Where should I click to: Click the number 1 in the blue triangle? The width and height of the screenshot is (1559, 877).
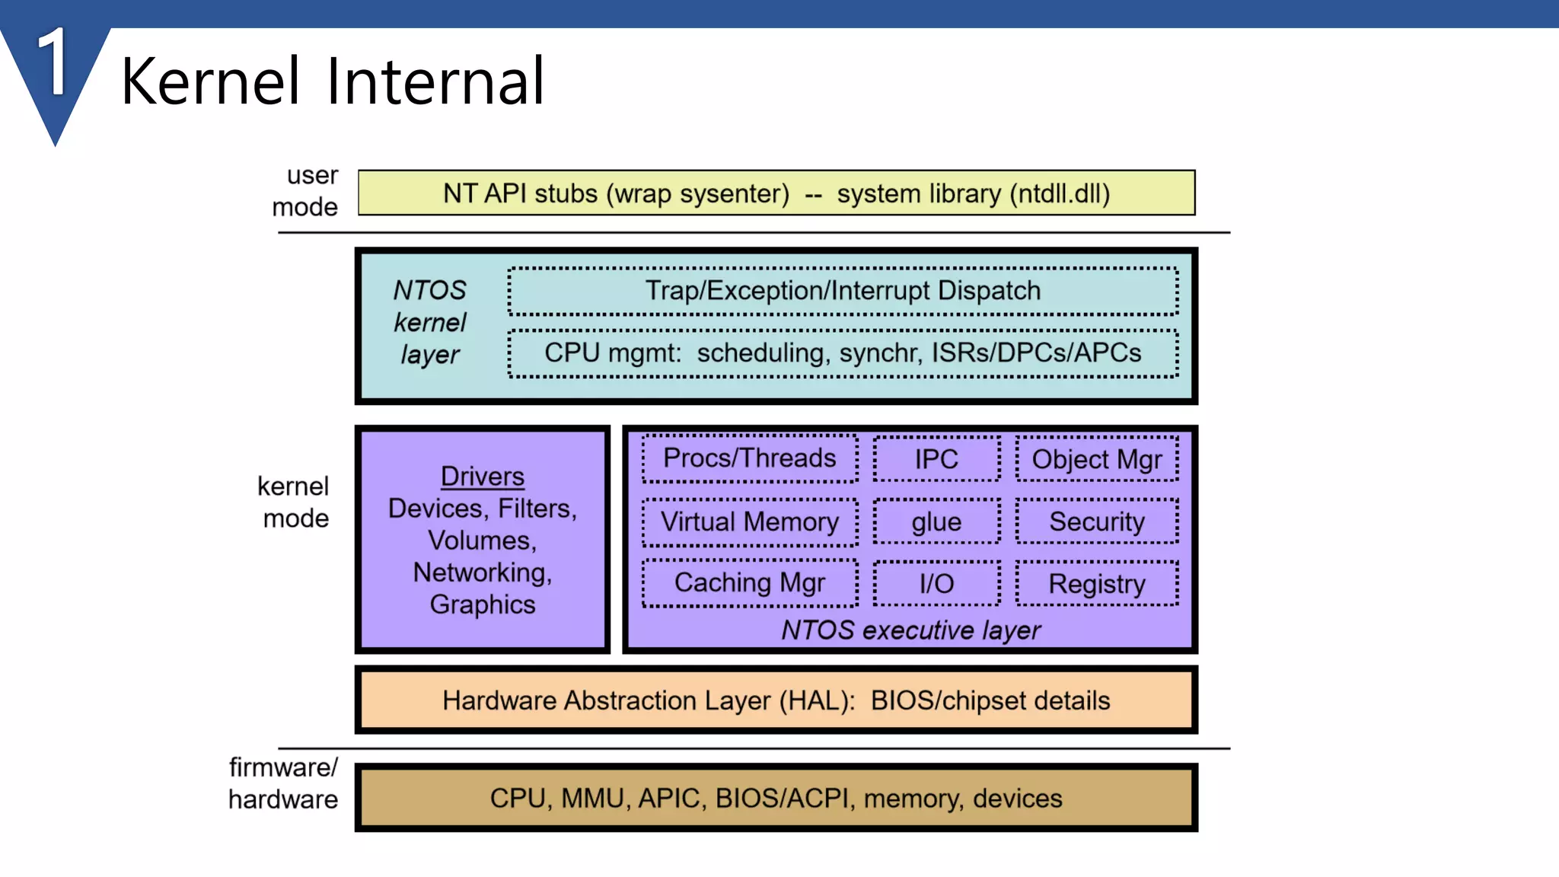point(54,62)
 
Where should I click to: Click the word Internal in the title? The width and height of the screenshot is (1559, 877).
point(435,81)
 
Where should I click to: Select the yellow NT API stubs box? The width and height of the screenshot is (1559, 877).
point(776,193)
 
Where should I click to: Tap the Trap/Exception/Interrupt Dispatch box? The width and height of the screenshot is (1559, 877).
point(843,291)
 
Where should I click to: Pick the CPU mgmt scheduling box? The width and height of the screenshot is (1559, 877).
point(843,353)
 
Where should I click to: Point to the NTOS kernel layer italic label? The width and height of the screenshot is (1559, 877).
point(429,322)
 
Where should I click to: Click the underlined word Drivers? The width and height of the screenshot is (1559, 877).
point(483,477)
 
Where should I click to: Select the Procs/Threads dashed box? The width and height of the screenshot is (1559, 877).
point(750,458)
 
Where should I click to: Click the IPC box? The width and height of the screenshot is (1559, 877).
point(936,459)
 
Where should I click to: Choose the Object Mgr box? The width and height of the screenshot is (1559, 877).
point(1097,459)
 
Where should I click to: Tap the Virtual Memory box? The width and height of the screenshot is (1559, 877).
point(750,522)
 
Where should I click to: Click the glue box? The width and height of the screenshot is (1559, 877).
point(936,522)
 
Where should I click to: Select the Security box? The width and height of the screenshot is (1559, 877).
point(1097,522)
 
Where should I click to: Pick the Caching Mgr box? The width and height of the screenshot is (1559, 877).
point(750,583)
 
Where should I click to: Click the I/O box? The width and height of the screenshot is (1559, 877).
point(936,584)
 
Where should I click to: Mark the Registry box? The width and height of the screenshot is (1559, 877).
point(1097,584)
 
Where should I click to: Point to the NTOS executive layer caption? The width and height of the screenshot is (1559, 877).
point(911,630)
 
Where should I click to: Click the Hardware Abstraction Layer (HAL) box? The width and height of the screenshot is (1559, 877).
point(776,700)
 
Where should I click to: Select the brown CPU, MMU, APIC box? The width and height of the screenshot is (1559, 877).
point(776,798)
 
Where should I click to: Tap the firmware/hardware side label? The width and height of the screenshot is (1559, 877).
point(283,783)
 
